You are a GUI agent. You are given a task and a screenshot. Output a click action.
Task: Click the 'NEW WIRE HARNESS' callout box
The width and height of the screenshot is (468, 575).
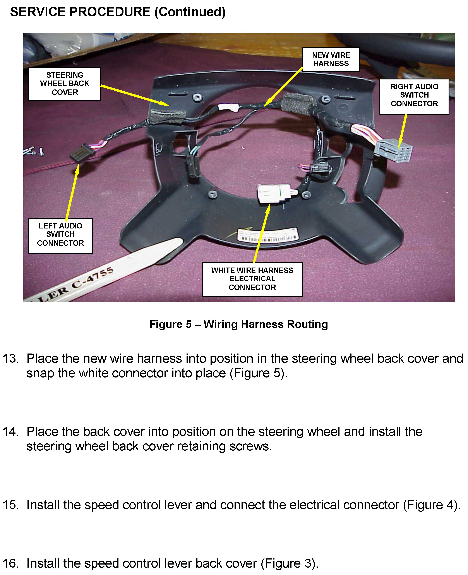[x=331, y=60]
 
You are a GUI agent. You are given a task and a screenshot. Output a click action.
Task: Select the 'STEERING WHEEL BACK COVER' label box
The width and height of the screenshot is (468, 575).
[x=65, y=84]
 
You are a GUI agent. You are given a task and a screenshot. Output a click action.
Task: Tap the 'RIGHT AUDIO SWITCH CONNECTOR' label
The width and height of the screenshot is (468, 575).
[x=414, y=95]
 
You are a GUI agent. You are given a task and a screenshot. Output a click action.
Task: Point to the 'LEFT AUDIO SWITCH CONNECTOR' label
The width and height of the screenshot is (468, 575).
[x=60, y=235]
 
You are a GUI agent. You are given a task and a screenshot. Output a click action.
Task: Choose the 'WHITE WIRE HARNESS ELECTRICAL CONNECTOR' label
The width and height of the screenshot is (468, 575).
[x=252, y=279]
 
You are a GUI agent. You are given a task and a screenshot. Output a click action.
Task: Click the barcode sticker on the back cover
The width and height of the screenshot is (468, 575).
[x=268, y=235]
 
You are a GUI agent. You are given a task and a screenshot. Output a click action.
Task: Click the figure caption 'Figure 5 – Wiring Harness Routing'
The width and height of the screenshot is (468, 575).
[x=239, y=324]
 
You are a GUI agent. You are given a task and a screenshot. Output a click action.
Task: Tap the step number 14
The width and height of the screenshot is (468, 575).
[x=10, y=432]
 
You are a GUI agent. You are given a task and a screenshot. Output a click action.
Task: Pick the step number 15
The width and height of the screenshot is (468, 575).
[x=10, y=505]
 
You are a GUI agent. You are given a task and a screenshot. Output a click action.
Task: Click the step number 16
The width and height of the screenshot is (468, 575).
[x=10, y=563]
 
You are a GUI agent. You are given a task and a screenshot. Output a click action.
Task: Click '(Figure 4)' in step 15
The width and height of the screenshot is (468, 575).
[x=431, y=505]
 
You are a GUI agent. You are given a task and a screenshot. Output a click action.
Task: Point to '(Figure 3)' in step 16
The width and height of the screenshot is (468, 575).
[x=289, y=563]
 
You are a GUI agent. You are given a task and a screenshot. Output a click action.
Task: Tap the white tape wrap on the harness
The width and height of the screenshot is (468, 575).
[x=228, y=108]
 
